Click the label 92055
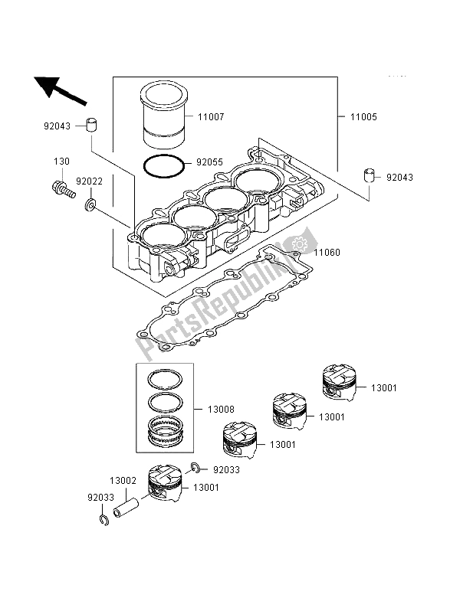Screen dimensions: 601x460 pyautogui.click(x=209, y=163)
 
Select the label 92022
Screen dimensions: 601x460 pyautogui.click(x=88, y=182)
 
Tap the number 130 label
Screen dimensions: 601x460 pyautogui.click(x=61, y=162)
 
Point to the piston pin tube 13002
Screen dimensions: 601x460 pyautogui.click(x=130, y=509)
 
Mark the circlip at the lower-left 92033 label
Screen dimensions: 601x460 pyautogui.click(x=103, y=522)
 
